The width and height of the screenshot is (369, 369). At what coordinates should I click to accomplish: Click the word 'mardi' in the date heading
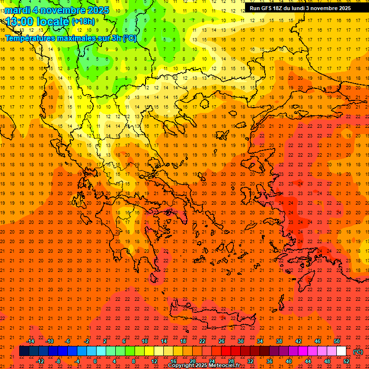pos(18,10)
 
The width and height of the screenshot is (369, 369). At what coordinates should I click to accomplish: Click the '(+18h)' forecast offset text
pos(83,21)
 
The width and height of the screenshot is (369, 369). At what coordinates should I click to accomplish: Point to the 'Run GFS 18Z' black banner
pos(300,8)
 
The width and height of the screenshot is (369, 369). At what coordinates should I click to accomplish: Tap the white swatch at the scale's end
pos(342,351)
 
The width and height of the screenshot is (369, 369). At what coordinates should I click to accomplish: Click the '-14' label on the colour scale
pos(30,341)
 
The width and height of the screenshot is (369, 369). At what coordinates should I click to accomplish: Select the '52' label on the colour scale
pos(346,361)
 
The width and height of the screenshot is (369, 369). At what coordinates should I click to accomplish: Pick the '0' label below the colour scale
pos(95,361)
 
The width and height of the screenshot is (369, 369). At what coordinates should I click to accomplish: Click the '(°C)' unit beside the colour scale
pos(358,352)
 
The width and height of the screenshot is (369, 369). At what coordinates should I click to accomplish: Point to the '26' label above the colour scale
pos(221,341)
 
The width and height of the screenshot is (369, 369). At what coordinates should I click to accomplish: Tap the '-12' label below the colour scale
pos(40,361)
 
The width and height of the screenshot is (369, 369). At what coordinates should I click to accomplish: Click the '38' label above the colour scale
pos(279,341)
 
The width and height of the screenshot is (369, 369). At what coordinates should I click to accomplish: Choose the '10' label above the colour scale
pos(145,341)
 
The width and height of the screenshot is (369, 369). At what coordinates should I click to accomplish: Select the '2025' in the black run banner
pos(343,8)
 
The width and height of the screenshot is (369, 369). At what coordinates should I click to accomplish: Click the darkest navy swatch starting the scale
pos(25,351)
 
